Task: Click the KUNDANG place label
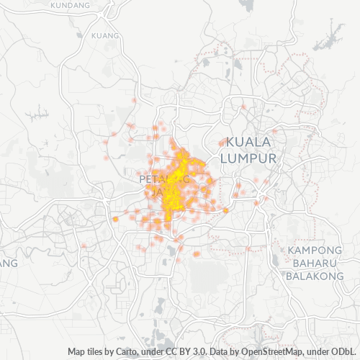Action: click(71, 4)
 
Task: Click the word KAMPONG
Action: click(314, 250)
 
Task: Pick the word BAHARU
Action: click(315, 263)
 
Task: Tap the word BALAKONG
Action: click(315, 276)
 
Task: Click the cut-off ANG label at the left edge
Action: click(8, 264)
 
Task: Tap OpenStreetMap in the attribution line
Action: click(265, 352)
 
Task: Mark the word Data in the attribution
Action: click(220, 352)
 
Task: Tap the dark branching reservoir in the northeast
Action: click(332, 34)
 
